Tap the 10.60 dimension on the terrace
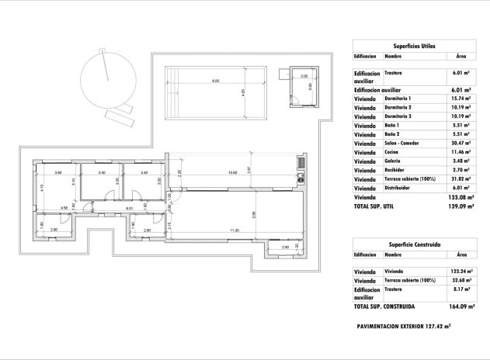232,172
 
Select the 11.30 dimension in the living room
234,230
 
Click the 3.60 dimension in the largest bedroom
57,172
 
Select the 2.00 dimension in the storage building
304,76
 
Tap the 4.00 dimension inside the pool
244,92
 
